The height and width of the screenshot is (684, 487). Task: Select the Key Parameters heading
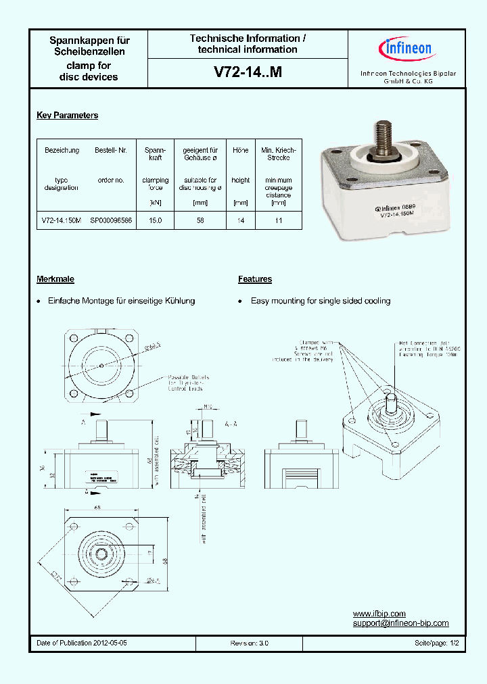coord(67,116)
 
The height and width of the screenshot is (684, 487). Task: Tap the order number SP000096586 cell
coord(111,220)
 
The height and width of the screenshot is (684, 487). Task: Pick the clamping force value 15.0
coord(155,220)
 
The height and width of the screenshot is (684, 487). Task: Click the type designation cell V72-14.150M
coord(62,220)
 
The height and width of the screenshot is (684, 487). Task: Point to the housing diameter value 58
coord(200,220)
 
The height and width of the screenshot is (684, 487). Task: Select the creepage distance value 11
coord(278,220)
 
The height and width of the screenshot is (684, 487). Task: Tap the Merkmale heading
coord(55,279)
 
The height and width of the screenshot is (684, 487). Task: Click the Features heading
coord(255,279)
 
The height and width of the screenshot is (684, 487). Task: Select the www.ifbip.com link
coord(379,614)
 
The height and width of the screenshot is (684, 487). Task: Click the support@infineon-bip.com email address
coord(400,624)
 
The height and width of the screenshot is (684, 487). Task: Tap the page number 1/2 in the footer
coord(454,643)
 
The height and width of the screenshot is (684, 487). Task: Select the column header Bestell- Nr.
coord(111,150)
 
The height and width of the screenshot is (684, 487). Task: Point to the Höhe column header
coord(241,150)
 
